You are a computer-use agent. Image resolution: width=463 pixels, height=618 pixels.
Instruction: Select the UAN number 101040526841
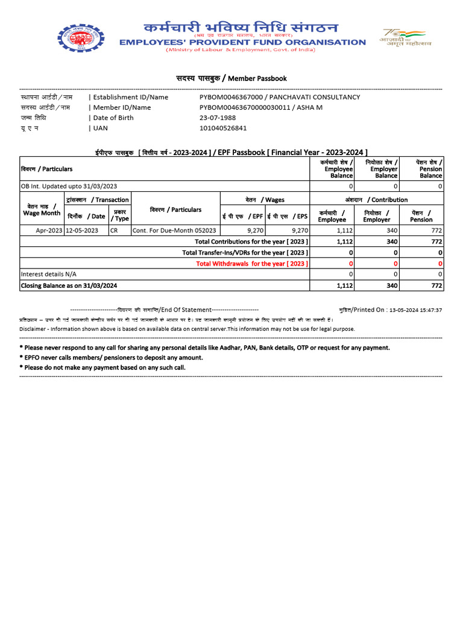pyautogui.click(x=223, y=128)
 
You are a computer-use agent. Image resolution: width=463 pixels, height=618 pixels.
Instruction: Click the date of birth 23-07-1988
pyautogui.click(x=218, y=118)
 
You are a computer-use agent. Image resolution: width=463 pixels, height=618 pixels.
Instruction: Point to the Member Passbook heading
pyautogui.click(x=231, y=78)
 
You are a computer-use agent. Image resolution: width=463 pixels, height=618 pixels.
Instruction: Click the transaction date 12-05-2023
pyautogui.click(x=82, y=231)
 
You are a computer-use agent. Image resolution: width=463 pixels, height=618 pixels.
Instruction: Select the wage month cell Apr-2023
pyautogui.click(x=49, y=231)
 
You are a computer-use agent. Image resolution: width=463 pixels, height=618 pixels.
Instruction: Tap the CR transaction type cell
pyautogui.click(x=115, y=231)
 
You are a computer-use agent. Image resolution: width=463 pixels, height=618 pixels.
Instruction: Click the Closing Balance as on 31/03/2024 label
pyautogui.click(x=69, y=285)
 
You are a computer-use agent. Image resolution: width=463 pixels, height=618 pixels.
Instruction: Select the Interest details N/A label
pyautogui.click(x=49, y=275)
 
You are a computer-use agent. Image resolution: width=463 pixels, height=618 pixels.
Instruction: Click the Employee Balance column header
pyautogui.click(x=337, y=169)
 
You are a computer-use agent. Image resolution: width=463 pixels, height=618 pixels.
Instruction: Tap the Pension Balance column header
pyautogui.click(x=429, y=169)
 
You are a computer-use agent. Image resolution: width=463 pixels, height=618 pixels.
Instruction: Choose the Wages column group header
pyautogui.click(x=265, y=200)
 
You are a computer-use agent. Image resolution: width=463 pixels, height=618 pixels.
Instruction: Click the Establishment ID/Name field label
pyautogui.click(x=130, y=97)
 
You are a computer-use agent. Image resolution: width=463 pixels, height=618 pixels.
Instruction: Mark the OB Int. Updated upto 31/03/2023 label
pyautogui.click(x=69, y=186)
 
